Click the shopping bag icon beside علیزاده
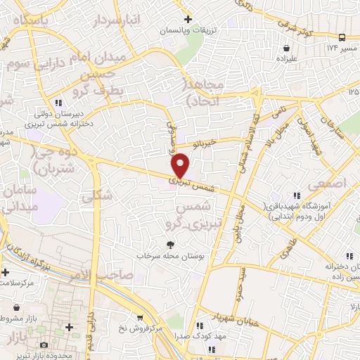[x=286, y=48]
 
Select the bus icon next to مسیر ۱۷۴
[x=342, y=37]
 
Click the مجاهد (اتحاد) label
[x=204, y=91]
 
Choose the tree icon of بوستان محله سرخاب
[x=169, y=244]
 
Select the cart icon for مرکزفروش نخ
[x=139, y=317]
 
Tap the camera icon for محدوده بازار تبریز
[x=44, y=345]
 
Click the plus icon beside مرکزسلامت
[x=6, y=271]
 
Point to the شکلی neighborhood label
[x=97, y=198]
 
